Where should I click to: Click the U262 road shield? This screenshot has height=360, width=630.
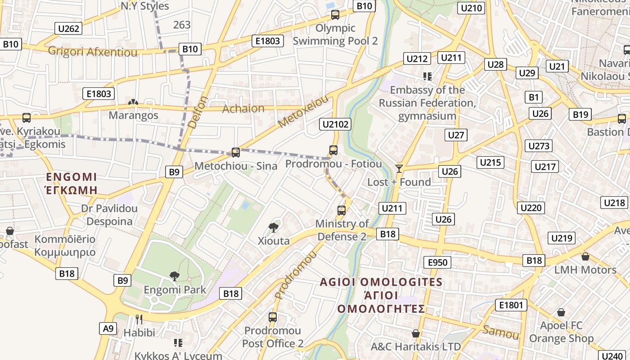coord(69,29)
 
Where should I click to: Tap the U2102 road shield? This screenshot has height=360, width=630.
coord(335,124)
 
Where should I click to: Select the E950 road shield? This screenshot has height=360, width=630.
coord(437,263)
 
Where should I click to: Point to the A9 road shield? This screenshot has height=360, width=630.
coord(108,328)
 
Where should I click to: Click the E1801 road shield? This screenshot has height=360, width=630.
coord(511,305)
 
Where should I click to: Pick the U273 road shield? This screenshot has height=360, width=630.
coord(539,146)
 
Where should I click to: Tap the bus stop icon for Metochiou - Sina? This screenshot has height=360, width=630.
coord(235,153)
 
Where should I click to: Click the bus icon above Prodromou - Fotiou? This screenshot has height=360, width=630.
coord(333,150)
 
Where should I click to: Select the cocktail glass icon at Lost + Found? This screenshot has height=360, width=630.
coord(399,169)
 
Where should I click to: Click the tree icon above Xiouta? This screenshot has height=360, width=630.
coord(273,227)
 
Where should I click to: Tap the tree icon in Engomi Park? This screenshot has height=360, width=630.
coord(174,276)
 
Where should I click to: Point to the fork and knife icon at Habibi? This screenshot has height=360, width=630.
coord(139,319)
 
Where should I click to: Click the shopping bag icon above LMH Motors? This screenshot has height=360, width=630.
coord(585,256)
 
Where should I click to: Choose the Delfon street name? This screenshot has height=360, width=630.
coord(198,112)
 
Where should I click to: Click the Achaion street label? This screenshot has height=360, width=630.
coord(243,108)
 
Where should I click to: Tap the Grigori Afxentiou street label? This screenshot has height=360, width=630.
coord(93,52)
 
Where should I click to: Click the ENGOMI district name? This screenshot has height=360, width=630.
coord(72,176)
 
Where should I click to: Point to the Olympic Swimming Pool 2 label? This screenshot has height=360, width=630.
coord(335,34)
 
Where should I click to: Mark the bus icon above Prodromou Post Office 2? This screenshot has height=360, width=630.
coord(272,317)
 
